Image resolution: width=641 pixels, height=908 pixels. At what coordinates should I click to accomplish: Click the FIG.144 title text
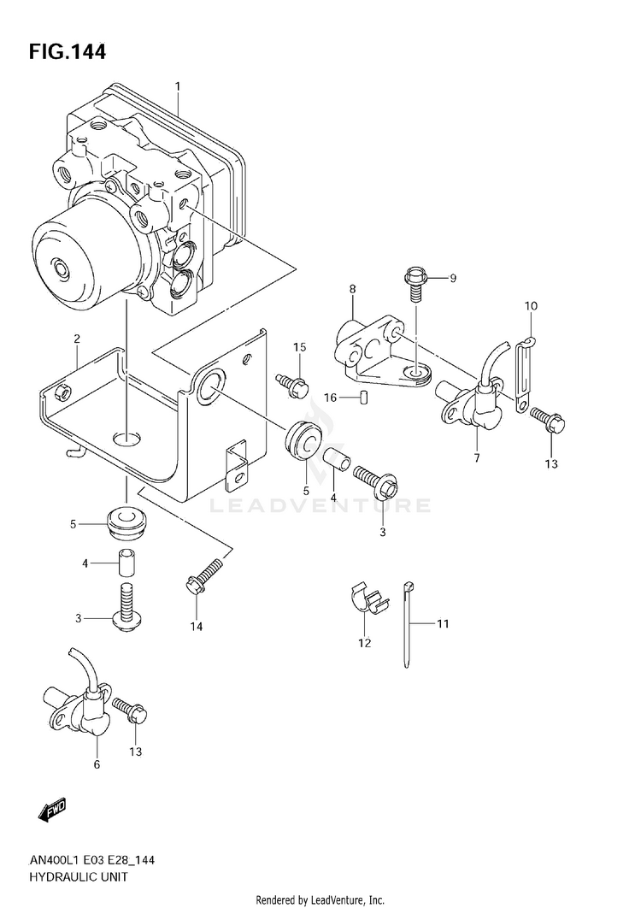[68, 51]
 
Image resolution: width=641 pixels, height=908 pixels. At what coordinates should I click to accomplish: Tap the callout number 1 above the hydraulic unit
[178, 86]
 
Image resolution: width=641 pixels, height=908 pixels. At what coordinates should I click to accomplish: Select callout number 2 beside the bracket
[76, 339]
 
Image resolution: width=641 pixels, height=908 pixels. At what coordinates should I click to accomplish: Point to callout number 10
[531, 305]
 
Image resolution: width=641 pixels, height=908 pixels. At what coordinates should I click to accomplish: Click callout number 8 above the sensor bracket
[353, 289]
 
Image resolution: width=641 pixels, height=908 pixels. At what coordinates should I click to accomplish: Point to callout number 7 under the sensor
[477, 458]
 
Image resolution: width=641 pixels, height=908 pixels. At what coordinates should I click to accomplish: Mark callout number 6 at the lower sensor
[97, 764]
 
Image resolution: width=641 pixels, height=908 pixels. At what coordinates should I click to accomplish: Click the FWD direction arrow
[52, 809]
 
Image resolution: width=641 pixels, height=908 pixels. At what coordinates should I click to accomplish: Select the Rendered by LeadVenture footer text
[320, 900]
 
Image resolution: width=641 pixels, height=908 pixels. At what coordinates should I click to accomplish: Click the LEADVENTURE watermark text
[320, 505]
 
